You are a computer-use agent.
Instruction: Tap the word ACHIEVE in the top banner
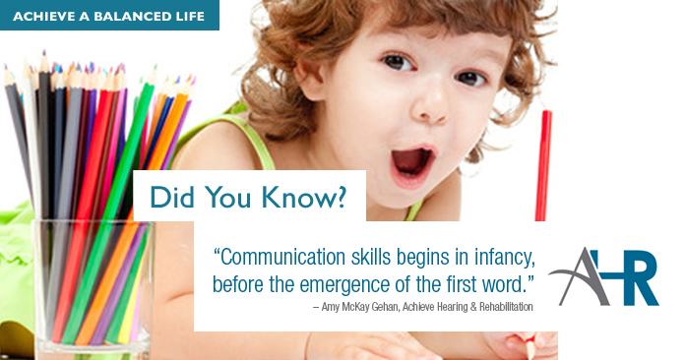44,17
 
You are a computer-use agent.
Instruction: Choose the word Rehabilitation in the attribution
506,307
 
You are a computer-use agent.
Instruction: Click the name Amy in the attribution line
330,307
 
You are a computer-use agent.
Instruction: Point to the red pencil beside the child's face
543,165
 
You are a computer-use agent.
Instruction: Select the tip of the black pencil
43,53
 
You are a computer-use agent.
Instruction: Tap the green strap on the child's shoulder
258,141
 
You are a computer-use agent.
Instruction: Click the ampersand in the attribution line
473,307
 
